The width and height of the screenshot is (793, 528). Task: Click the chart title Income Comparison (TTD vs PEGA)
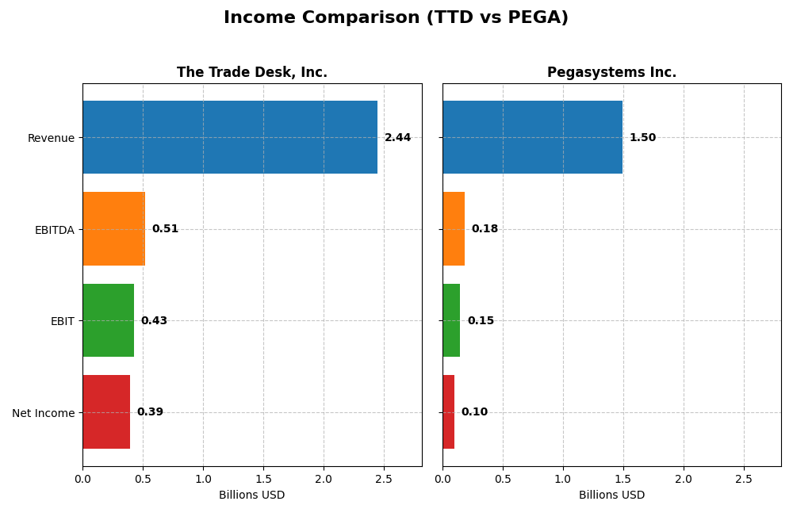pyautogui.click(x=396, y=17)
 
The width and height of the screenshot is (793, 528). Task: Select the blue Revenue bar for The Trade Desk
pyautogui.click(x=230, y=137)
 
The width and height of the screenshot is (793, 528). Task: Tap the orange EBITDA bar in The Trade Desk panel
pyautogui.click(x=113, y=228)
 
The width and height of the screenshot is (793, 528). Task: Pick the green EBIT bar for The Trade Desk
pyautogui.click(x=108, y=320)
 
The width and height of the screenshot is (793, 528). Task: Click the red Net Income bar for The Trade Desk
pyautogui.click(x=106, y=411)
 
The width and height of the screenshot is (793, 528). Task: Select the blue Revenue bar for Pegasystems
pyautogui.click(x=532, y=137)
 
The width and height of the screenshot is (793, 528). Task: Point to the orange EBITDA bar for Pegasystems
pyautogui.click(x=454, y=228)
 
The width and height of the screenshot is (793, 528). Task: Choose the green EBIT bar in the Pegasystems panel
pyautogui.click(x=451, y=320)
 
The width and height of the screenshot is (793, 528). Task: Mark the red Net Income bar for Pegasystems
pyautogui.click(x=449, y=411)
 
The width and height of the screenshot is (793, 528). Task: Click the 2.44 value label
pyautogui.click(x=397, y=138)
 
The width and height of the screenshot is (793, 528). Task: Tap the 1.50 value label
pyautogui.click(x=642, y=138)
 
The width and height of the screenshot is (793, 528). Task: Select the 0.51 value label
pyautogui.click(x=165, y=229)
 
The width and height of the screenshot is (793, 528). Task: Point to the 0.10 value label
pyautogui.click(x=474, y=412)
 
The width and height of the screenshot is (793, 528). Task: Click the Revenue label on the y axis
pyautogui.click(x=51, y=138)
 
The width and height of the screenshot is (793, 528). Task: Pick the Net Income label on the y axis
pyautogui.click(x=43, y=412)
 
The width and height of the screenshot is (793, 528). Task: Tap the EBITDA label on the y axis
pyautogui.click(x=54, y=230)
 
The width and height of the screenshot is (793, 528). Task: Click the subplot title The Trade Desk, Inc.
pyautogui.click(x=251, y=72)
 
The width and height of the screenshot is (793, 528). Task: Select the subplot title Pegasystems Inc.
pyautogui.click(x=611, y=72)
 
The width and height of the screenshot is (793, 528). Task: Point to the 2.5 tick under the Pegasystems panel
pyautogui.click(x=743, y=479)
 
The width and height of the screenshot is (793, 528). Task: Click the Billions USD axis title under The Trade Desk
pyautogui.click(x=251, y=495)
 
